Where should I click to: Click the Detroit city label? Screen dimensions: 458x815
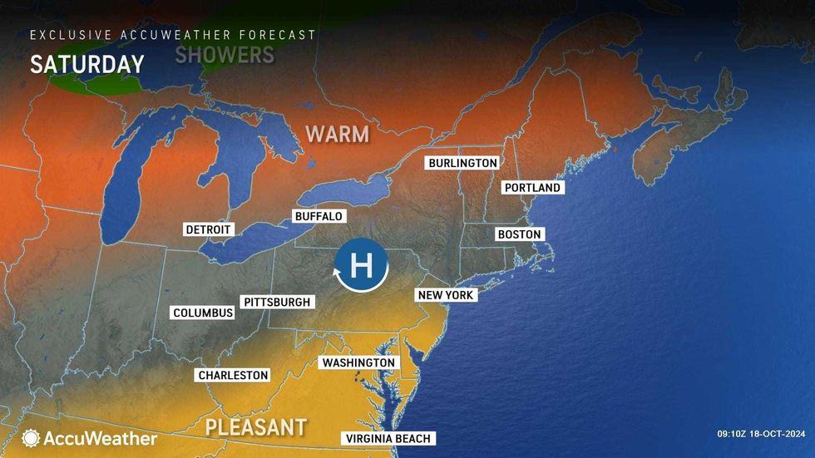[x=209, y=229]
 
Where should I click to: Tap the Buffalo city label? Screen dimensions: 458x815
[x=319, y=216]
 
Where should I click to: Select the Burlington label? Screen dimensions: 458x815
[x=462, y=163]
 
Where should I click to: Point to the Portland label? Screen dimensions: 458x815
[x=533, y=188]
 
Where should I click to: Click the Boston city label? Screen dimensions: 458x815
[x=519, y=234]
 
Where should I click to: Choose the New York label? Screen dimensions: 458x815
[x=446, y=295]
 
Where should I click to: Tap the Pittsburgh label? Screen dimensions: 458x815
[x=276, y=302]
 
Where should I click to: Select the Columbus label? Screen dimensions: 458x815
[x=203, y=313]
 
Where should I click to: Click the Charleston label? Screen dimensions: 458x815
[x=233, y=375]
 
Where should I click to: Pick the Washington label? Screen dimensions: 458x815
[x=358, y=362]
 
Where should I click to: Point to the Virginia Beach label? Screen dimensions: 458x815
[x=388, y=439]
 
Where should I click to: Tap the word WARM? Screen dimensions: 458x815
[x=337, y=134]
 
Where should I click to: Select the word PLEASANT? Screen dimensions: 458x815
[x=255, y=428]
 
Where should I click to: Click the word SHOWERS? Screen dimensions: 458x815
[x=225, y=55]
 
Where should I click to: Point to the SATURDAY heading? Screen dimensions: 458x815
[x=87, y=64]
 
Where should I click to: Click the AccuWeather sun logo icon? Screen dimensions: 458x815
[x=31, y=438]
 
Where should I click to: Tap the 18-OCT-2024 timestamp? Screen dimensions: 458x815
[x=783, y=433]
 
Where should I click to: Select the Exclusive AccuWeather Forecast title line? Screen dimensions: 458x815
[x=173, y=35]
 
